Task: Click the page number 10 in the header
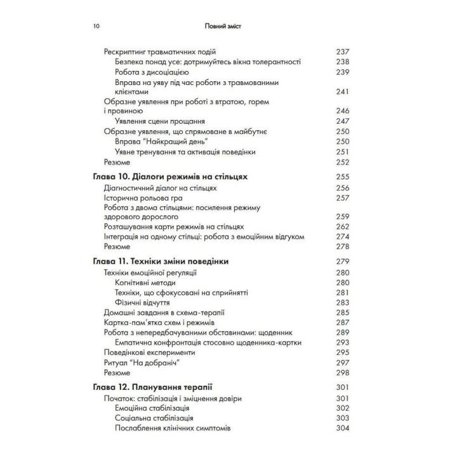coord(96,27)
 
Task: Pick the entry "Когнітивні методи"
coord(149,282)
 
